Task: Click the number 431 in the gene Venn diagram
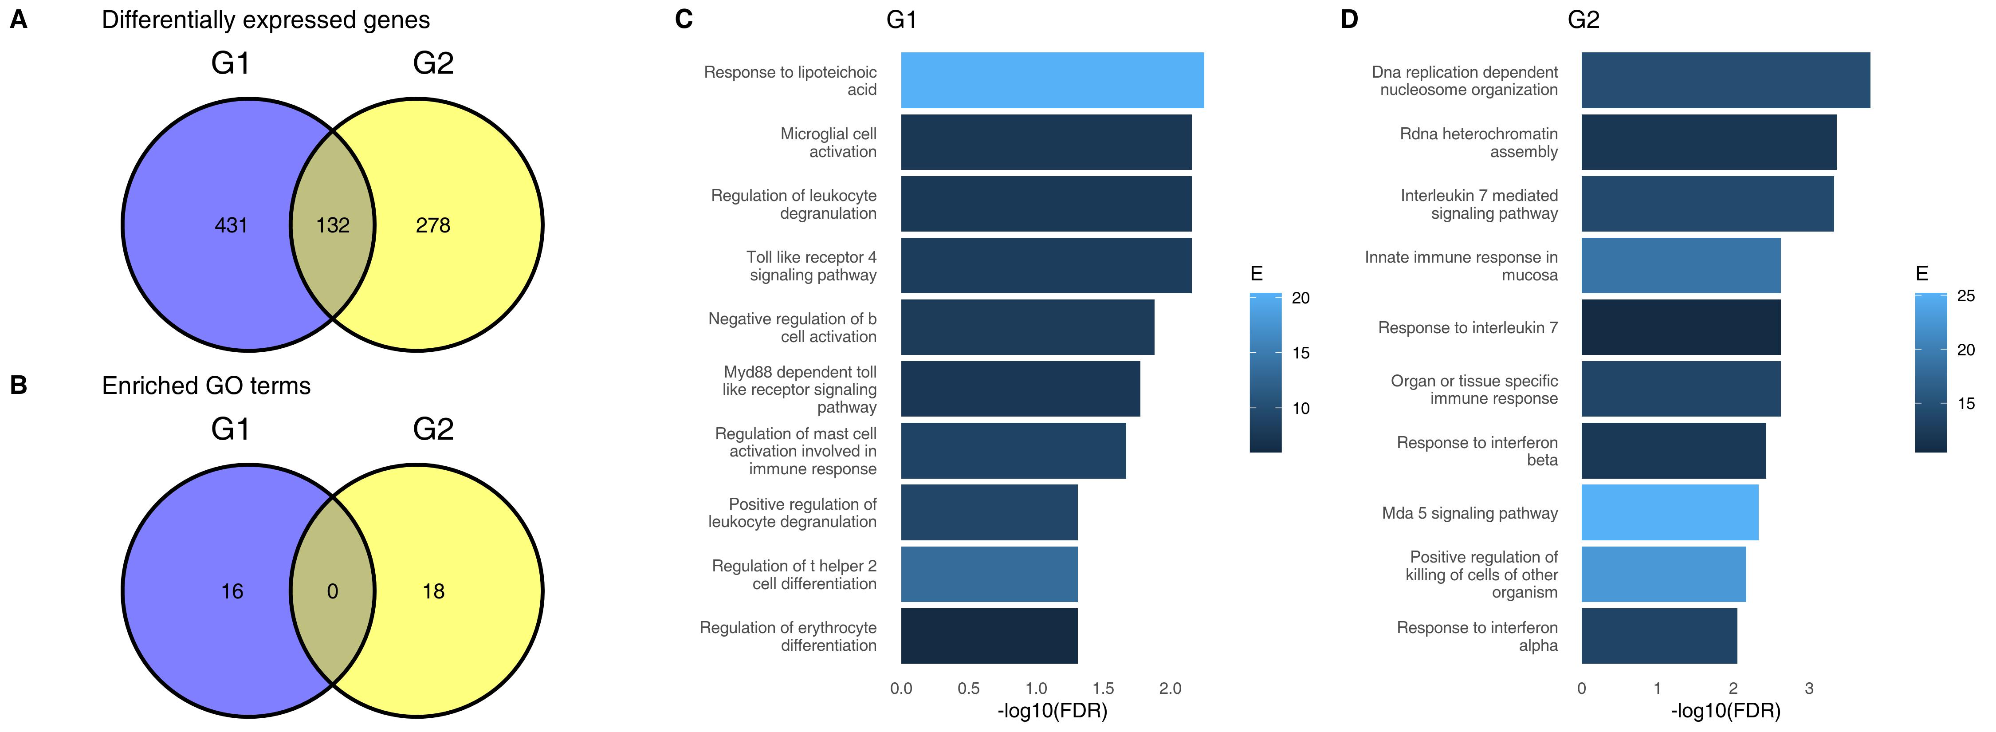point(231,225)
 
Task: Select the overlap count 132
point(332,225)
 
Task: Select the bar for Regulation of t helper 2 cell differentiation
point(989,574)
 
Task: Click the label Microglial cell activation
point(828,142)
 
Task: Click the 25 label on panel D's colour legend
point(1966,296)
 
